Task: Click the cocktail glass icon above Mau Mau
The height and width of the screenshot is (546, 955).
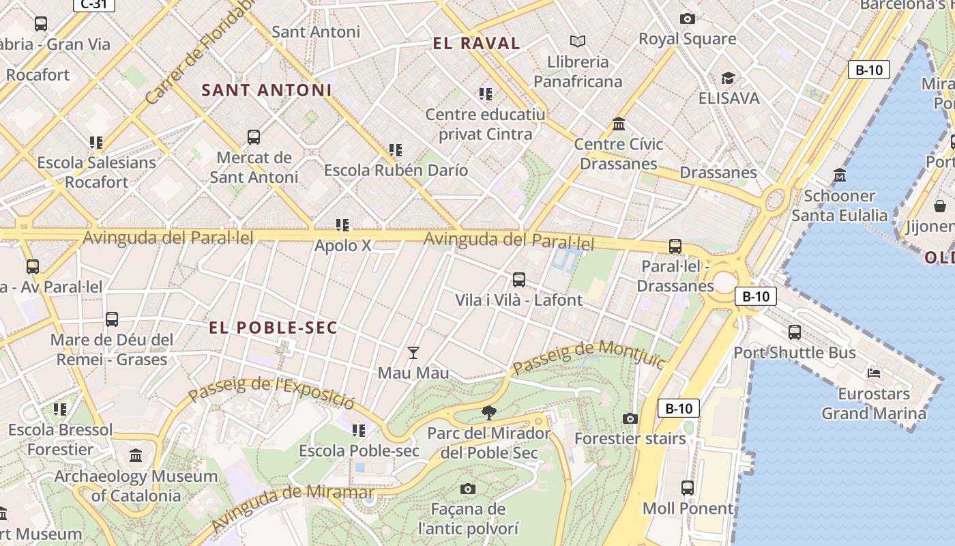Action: tap(413, 353)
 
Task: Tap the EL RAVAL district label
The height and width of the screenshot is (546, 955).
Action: tap(476, 44)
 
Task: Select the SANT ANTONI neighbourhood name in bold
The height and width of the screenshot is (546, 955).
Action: tap(267, 90)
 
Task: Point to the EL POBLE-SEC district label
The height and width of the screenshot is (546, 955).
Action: tap(273, 328)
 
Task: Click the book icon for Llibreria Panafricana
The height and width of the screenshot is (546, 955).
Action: tap(578, 42)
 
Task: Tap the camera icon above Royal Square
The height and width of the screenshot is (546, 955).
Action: tap(687, 19)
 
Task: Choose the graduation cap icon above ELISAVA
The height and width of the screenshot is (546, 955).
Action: tap(728, 78)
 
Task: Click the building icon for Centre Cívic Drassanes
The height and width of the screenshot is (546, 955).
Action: tap(619, 124)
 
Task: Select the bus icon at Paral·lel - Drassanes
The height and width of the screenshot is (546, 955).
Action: tap(675, 246)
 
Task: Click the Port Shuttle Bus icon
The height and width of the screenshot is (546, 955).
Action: tap(794, 332)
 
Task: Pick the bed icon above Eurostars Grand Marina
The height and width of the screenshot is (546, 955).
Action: tap(873, 373)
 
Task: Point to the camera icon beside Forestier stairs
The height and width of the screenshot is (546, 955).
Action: tap(630, 418)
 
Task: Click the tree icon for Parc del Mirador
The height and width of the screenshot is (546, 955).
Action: tap(488, 412)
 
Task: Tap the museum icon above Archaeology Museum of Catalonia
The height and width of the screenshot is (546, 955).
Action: tap(136, 455)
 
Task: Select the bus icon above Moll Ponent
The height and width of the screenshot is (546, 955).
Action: tap(687, 488)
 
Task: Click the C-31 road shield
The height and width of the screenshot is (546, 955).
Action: tap(93, 4)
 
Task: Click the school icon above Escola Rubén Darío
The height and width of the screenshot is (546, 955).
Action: tap(395, 149)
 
